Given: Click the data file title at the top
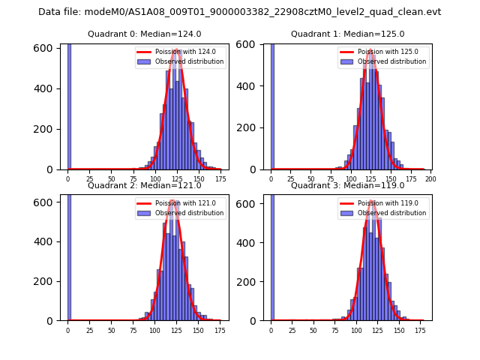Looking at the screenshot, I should [239, 12].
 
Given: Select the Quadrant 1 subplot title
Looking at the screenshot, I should [347, 34].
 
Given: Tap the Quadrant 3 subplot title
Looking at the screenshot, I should [347, 185].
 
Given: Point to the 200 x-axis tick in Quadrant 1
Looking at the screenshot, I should [430, 180].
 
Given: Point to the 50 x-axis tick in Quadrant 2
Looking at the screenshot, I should [112, 331].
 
